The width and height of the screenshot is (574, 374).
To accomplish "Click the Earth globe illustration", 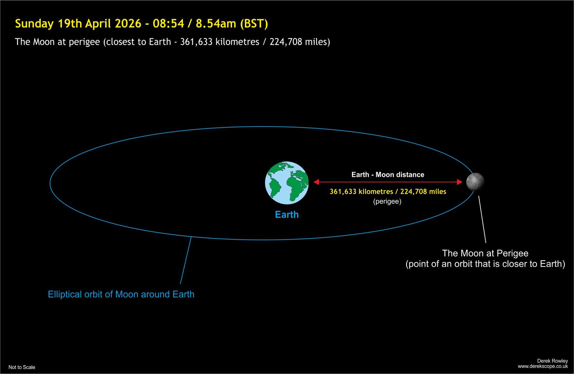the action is click(287, 183).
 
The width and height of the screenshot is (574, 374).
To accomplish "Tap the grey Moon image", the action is click(475, 182).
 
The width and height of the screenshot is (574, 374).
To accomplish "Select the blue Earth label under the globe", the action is click(287, 214).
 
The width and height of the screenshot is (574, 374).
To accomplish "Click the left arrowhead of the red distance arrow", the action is click(316, 182).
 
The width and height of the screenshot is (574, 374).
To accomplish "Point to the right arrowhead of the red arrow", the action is click(460, 182).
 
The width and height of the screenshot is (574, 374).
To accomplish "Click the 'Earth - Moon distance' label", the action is click(388, 175).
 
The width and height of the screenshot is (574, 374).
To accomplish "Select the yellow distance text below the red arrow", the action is click(388, 191).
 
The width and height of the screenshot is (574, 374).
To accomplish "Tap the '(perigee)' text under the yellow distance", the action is click(387, 202).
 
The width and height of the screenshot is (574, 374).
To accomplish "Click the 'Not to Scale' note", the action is click(22, 367).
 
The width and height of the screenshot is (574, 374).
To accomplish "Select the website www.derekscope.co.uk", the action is click(543, 366).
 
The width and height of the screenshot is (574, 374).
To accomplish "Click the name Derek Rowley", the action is click(552, 361).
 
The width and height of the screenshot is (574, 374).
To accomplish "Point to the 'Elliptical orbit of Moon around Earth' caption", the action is click(121, 294).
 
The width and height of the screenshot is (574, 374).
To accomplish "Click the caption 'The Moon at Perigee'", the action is click(485, 253).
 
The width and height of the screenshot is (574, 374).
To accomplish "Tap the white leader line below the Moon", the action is click(482, 219).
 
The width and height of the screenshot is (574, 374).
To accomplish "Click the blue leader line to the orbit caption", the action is click(186, 260).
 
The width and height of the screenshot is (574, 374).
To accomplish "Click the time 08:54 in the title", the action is click(168, 24).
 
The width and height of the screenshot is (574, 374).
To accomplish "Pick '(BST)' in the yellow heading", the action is click(254, 24).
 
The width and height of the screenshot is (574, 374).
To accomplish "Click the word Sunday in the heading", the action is click(34, 24).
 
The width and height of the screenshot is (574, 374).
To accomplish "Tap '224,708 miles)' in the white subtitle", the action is click(300, 42).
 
